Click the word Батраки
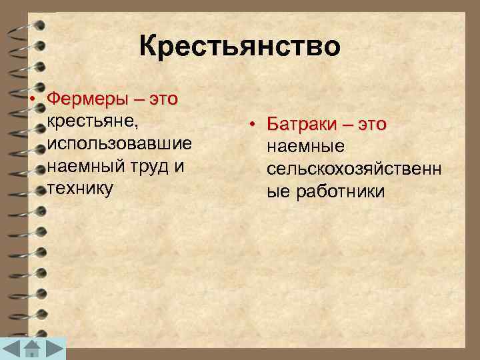coord(301,125)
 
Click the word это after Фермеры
coord(163,100)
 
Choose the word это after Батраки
coord(372,125)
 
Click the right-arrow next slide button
coord(56,349)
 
